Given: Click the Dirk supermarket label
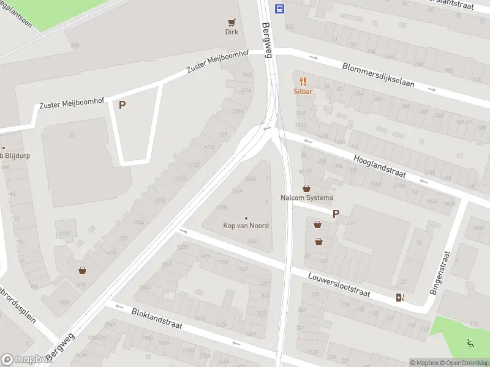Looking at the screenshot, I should tap(232, 32).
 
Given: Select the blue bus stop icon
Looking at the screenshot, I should tap(280, 9).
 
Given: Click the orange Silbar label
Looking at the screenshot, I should tap(303, 91).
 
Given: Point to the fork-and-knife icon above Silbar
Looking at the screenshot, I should tap(303, 81).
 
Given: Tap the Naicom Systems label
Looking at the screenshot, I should tap(307, 198).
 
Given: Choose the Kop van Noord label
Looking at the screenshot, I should tap(246, 226).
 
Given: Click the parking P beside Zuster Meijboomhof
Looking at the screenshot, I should tap(122, 105).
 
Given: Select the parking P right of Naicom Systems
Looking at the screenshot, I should tap(336, 213).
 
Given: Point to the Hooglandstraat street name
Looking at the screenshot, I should tap(380, 167).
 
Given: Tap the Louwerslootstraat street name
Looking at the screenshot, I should tap(339, 284).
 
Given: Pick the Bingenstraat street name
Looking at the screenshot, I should tap(442, 273).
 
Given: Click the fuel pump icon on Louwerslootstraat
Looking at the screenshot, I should tap(401, 298).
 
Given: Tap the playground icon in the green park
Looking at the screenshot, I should tap(470, 343).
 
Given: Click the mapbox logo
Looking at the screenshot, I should tap(25, 360).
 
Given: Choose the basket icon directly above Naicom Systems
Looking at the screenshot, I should tap(306, 188).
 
